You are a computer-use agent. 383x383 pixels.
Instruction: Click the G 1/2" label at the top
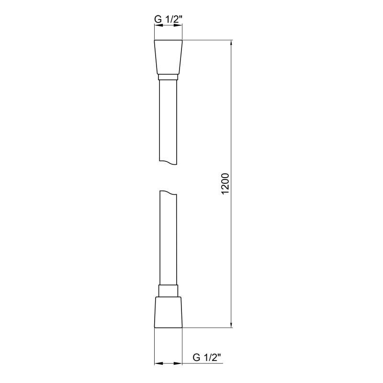coord(168,20)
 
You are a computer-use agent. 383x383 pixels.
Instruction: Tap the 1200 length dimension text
coord(226,184)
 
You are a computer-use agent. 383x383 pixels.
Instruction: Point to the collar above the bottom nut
coord(168,291)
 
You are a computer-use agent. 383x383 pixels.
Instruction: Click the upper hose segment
coord(168,120)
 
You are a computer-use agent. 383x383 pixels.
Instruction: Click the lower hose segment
coord(168,239)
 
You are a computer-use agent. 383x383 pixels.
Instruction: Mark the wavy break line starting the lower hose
coord(168,192)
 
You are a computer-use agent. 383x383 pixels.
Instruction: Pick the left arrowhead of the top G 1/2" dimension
coord(157,27)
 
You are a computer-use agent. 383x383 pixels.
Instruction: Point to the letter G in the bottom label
coord(196,357)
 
